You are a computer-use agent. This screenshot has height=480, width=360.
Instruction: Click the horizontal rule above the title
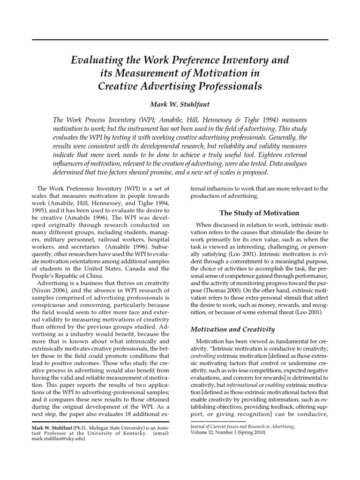[180, 40]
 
